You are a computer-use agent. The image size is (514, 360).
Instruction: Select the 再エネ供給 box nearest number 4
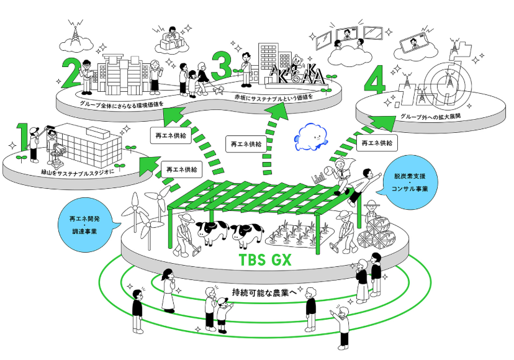click(x=376, y=142)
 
